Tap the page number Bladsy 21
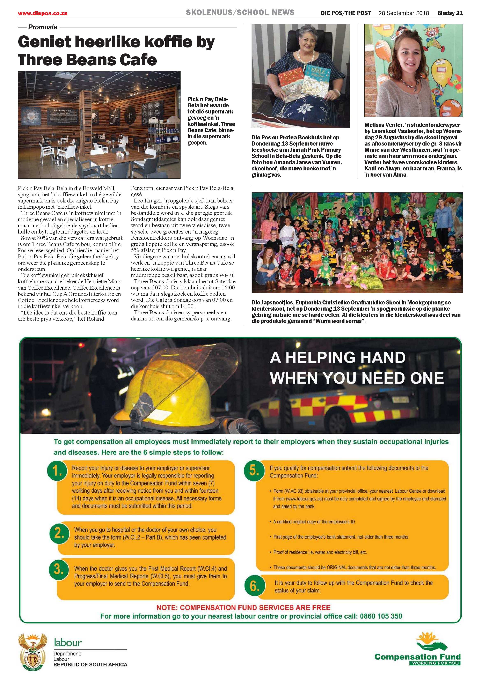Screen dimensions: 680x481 450,13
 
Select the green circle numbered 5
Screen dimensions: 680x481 254,470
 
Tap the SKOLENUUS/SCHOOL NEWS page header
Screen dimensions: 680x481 240,13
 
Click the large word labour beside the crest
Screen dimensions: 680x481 68,642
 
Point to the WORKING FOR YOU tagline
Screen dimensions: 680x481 435,663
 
